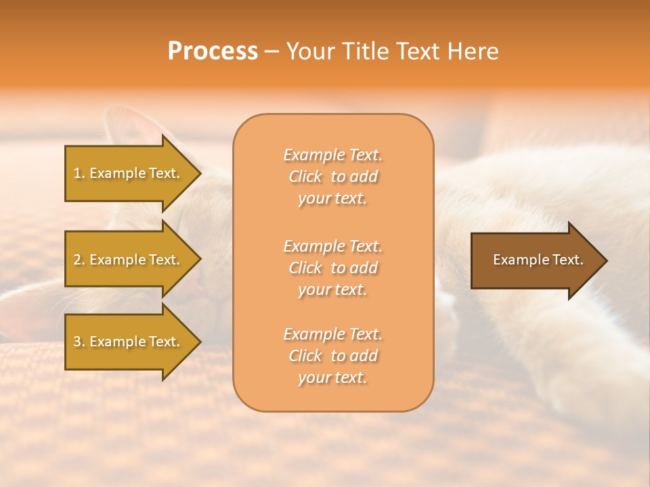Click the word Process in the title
tap(213, 51)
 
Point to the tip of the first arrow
tap(200, 173)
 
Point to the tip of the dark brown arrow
tap(606, 260)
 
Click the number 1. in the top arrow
tap(79, 173)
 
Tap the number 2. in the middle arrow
tap(79, 260)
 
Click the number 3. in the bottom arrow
tap(79, 342)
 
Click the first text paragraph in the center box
tap(332, 177)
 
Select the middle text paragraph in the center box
tap(332, 268)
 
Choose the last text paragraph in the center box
tap(332, 356)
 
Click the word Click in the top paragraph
tap(305, 177)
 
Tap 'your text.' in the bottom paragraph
tap(332, 377)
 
